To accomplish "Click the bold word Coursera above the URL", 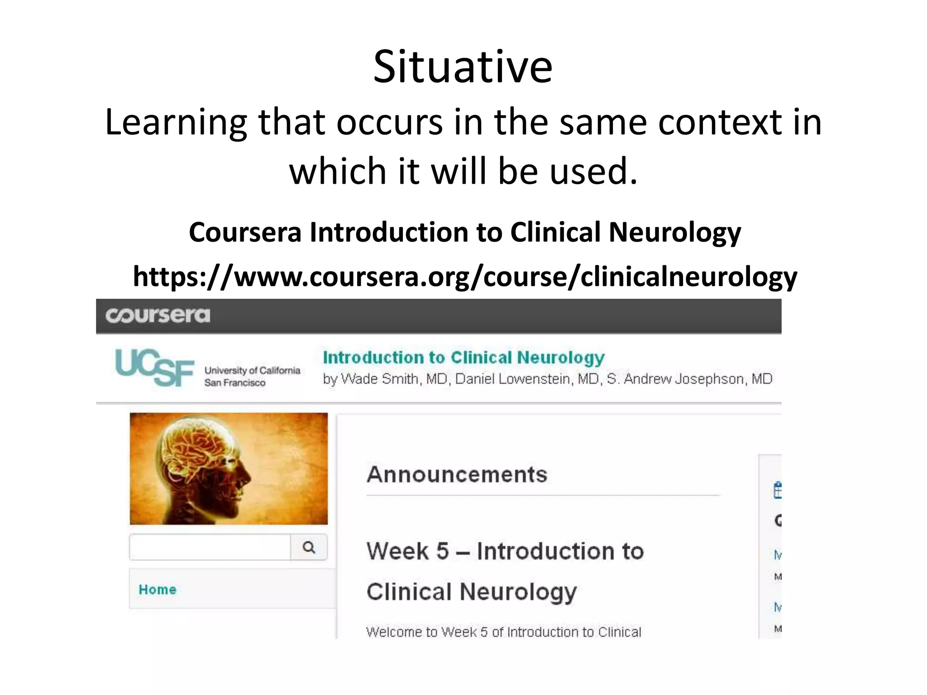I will [245, 233].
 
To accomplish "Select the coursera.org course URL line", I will [464, 276].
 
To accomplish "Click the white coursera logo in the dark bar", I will [158, 315].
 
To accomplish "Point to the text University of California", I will [252, 371].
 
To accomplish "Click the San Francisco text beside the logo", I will [234, 383].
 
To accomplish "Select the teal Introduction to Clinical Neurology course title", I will [463, 357].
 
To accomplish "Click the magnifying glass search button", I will [309, 547].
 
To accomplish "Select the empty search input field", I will [210, 547].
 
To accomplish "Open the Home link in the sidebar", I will [158, 590].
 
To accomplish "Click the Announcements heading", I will [457, 475].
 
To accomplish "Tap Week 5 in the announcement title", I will [407, 552].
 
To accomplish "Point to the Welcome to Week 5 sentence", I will [503, 632].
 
